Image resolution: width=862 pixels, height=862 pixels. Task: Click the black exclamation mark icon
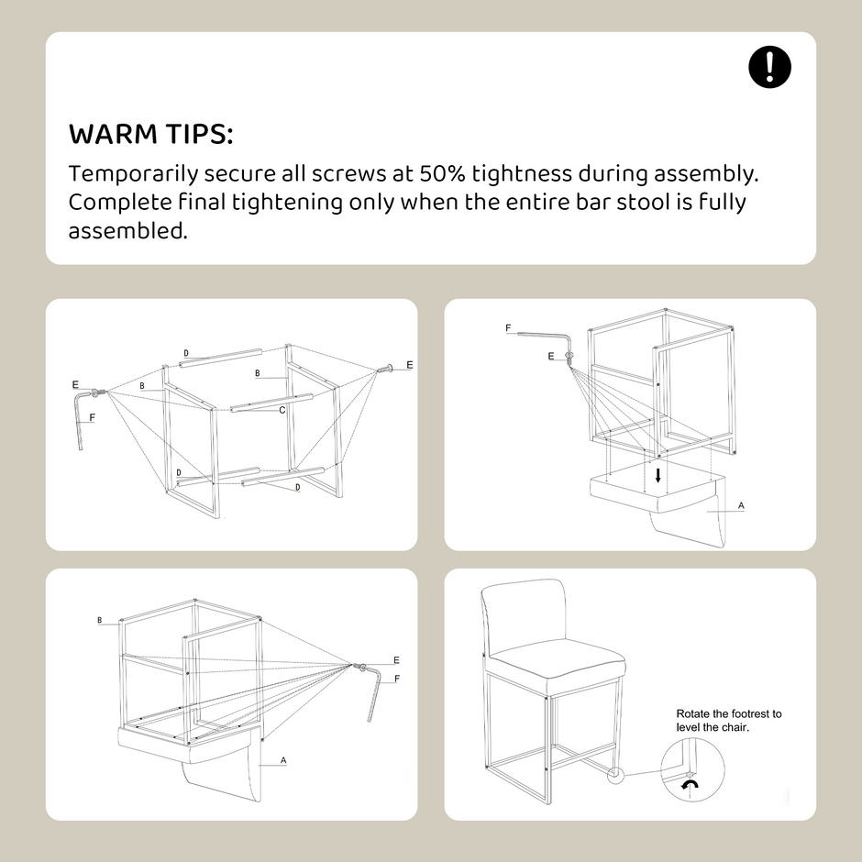[x=769, y=67]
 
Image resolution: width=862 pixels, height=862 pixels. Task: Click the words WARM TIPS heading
[x=150, y=134]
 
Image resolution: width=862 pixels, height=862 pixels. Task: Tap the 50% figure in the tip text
[x=443, y=173]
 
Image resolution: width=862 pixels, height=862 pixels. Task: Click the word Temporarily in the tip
[x=133, y=174]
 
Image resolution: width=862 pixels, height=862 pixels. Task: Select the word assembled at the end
[x=127, y=231]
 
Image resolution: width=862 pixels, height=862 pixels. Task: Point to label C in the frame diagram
[x=282, y=410]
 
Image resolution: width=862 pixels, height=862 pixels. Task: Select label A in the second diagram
[x=741, y=505]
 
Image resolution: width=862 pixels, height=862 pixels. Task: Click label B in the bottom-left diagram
[x=100, y=620]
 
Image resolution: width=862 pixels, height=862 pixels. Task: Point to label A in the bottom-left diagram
[x=283, y=760]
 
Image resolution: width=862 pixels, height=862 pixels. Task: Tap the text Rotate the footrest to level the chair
[x=728, y=720]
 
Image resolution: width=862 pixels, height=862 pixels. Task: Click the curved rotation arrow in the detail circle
[x=690, y=783]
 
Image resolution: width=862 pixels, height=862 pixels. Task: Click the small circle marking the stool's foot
[x=615, y=775]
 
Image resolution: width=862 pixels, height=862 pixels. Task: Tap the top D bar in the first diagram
[x=220, y=358]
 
